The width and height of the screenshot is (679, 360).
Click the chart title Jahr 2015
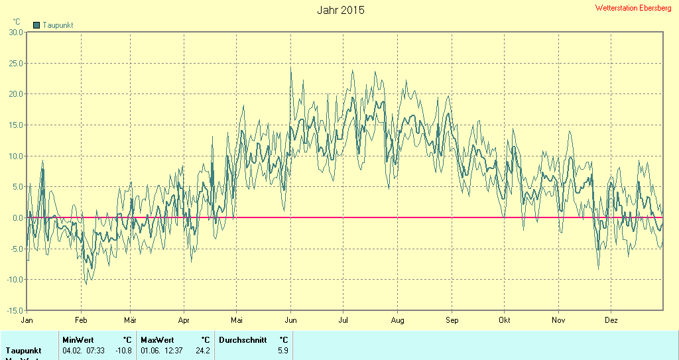pyautogui.click(x=340, y=10)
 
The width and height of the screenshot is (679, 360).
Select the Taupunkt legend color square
pyautogui.click(x=36, y=25)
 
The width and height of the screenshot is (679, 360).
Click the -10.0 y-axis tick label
pyautogui.click(x=14, y=280)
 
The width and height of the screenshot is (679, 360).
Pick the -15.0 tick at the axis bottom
pyautogui.click(x=14, y=310)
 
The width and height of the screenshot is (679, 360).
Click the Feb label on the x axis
pyautogui.click(x=81, y=320)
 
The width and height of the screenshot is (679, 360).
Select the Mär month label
pyautogui.click(x=130, y=320)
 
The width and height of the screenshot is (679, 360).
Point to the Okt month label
pyautogui.click(x=505, y=320)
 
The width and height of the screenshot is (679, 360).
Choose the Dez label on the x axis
pyautogui.click(x=611, y=320)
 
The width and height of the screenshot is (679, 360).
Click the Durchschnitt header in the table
pyautogui.click(x=243, y=340)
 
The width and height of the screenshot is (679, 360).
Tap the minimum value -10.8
pyautogui.click(x=123, y=351)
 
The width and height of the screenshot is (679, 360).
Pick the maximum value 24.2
pyautogui.click(x=202, y=351)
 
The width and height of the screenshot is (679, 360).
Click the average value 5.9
pyautogui.click(x=283, y=351)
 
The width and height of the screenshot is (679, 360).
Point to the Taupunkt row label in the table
pyautogui.click(x=24, y=351)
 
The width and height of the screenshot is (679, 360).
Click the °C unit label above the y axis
pyautogui.click(x=17, y=22)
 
